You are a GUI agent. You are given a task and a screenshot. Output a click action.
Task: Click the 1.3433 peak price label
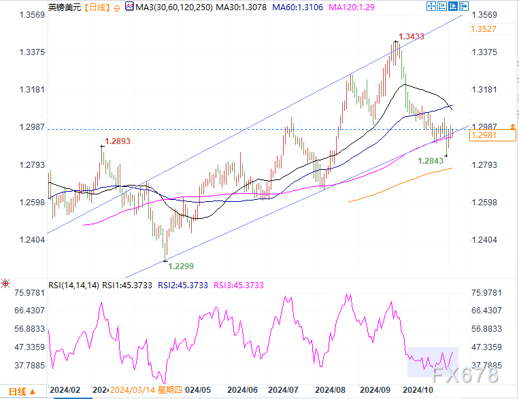[x=412, y=36]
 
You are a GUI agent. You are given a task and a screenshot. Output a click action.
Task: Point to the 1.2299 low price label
[x=180, y=266]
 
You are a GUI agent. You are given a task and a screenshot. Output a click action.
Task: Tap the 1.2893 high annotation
[x=116, y=142]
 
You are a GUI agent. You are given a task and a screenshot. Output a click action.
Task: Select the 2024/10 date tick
[x=418, y=390]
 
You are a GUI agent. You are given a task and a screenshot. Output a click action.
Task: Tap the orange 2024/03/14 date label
[x=136, y=390]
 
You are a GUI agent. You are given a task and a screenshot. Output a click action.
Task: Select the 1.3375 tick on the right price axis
[x=486, y=52]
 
